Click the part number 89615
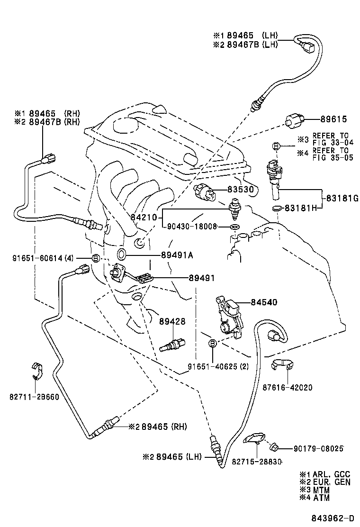click(334, 120)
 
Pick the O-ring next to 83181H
click(278, 208)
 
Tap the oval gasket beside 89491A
click(121, 254)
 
